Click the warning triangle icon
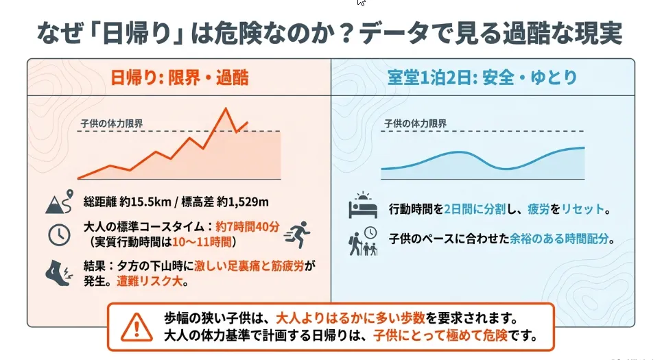tap(137, 327)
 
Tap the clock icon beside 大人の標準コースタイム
tap(59, 235)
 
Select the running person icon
tap(298, 234)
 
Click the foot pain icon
tap(59, 274)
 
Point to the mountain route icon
tap(60, 202)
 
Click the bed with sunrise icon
tap(363, 205)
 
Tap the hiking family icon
tap(363, 241)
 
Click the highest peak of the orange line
tap(226, 108)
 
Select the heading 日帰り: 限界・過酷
tap(180, 77)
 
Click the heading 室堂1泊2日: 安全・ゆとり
tap(482, 77)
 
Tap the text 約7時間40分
tap(248, 227)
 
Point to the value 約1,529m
tap(242, 202)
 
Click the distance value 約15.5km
tap(145, 202)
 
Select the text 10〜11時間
tap(202, 242)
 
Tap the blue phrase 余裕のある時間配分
tap(559, 239)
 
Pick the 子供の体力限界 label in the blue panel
tap(416, 123)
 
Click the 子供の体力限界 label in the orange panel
tap(112, 123)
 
